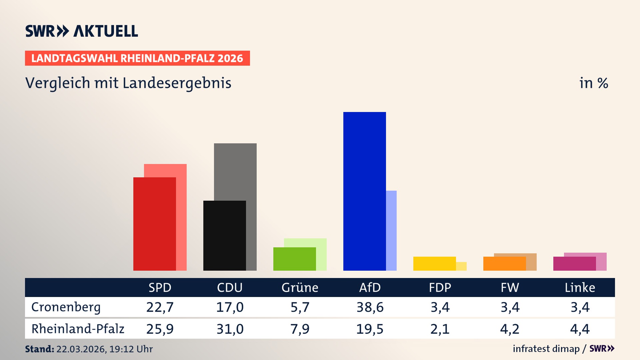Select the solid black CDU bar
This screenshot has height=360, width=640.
(224, 235)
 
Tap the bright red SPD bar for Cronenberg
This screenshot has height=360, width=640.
(154, 224)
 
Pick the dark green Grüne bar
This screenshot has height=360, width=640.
(294, 259)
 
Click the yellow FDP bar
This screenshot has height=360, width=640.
(434, 263)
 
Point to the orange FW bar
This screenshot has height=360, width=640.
(504, 263)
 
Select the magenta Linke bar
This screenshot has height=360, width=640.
(574, 263)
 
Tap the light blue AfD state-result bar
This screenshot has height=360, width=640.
(391, 230)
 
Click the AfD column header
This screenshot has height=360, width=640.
(370, 287)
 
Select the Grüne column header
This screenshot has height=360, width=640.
(300, 287)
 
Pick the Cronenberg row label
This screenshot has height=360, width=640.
(66, 307)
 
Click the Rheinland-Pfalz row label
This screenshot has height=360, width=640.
(78, 329)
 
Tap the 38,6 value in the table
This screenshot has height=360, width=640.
(370, 307)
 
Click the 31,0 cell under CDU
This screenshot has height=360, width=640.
(230, 329)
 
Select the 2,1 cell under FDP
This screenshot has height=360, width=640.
(440, 329)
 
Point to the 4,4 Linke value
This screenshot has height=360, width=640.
(580, 329)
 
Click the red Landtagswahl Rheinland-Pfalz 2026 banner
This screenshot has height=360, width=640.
(137, 58)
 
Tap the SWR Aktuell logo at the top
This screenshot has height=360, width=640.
(81, 31)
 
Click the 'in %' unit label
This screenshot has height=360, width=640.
(594, 83)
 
